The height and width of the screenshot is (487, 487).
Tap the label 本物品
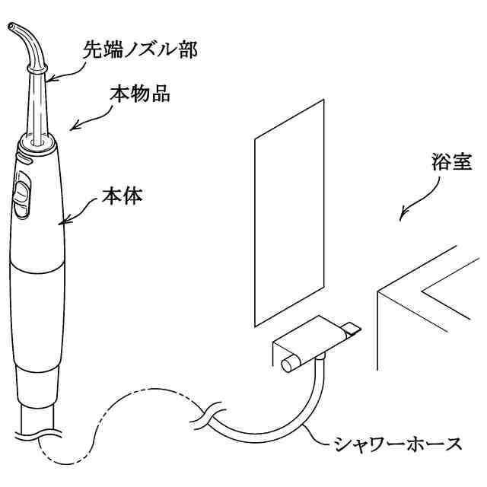139,96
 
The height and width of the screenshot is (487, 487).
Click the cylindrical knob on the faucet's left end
289,364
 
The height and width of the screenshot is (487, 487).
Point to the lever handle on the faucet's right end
351,328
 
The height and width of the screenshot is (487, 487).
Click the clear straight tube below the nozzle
35,107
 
